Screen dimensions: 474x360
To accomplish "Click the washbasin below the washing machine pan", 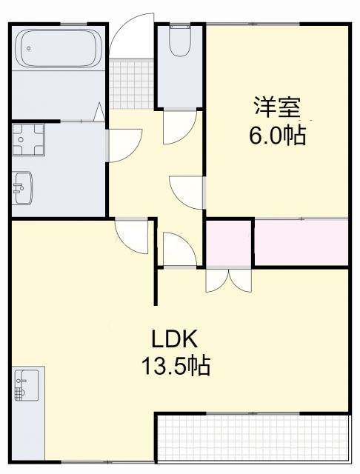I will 23,188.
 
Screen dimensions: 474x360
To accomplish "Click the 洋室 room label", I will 278,107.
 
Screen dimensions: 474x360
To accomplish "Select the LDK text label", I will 175,339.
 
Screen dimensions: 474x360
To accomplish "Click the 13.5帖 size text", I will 175,365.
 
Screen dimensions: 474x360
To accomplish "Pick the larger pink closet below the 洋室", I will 301,242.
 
